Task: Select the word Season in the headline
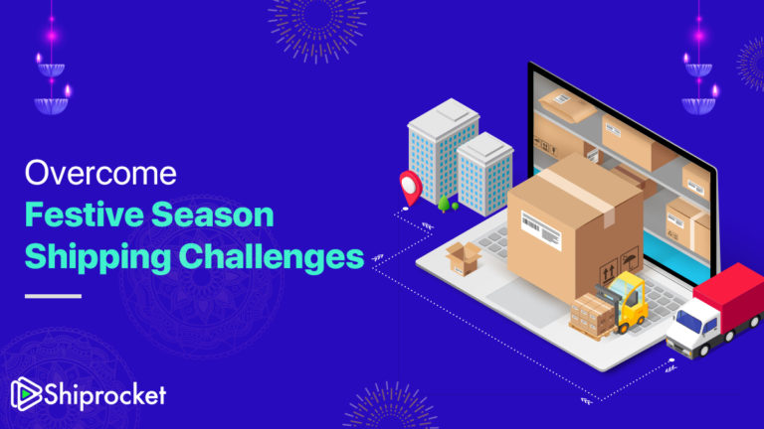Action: [x=218, y=215]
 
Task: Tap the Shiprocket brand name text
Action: [x=105, y=395]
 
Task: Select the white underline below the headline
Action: [x=53, y=295]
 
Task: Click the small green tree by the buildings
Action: [x=443, y=204]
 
